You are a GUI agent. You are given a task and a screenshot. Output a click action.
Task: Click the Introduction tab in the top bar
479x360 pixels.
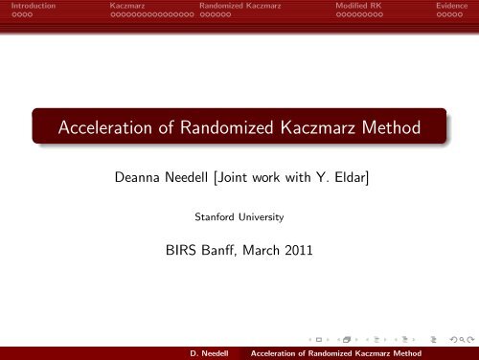pos(28,6)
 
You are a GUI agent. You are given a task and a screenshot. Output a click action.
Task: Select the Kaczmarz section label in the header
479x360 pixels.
pos(132,6)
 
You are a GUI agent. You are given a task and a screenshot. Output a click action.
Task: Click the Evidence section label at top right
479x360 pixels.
pos(451,6)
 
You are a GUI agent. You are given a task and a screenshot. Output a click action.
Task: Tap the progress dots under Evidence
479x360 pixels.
pos(450,16)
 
